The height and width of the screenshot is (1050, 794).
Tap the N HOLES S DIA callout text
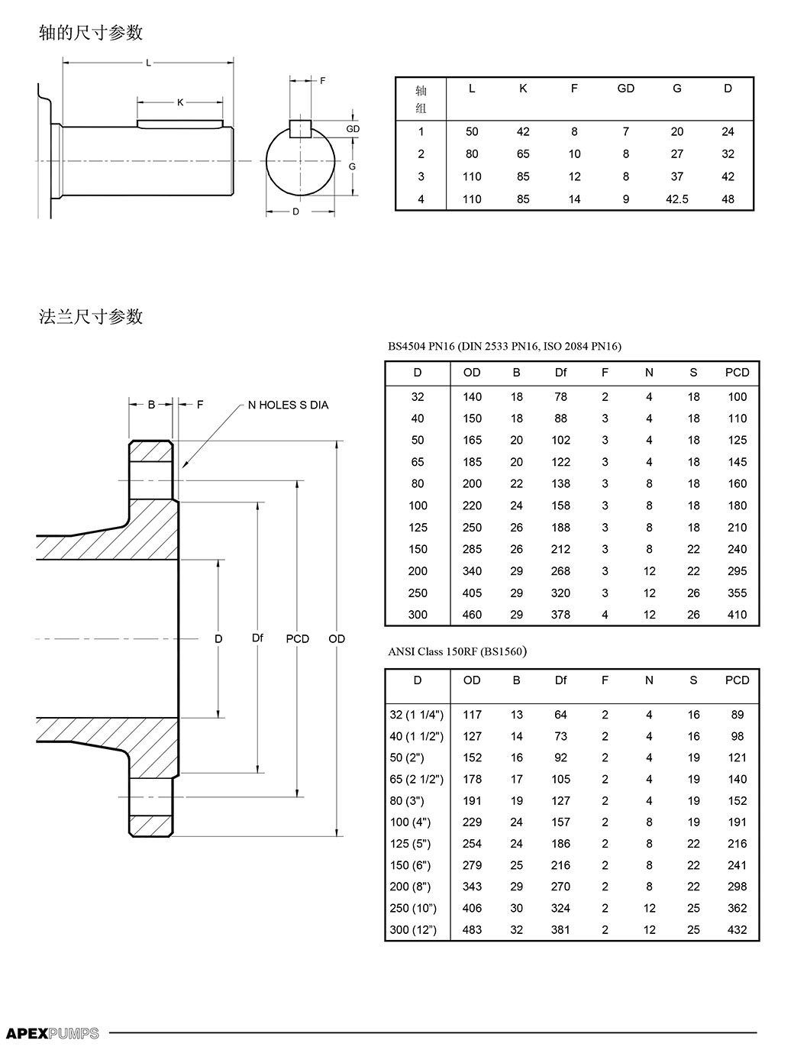pos(288,405)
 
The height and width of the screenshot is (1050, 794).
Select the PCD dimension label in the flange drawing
pos(297,638)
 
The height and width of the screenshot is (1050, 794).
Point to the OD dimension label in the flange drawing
pos(337,638)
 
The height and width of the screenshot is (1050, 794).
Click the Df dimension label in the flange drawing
pos(257,638)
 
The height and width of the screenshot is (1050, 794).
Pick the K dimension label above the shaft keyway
pos(180,102)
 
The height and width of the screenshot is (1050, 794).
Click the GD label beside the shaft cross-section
pos(353,129)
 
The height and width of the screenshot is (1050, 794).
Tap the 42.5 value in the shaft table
pos(677,199)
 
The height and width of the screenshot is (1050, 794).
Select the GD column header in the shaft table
pos(626,89)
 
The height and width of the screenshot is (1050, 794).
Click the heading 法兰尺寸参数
pos(91,317)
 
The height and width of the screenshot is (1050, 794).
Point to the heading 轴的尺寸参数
pos(91,33)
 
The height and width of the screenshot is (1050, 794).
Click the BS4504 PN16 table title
pos(505,347)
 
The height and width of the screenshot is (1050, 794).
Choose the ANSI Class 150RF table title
pos(457,651)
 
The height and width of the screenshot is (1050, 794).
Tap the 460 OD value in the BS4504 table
pos(472,615)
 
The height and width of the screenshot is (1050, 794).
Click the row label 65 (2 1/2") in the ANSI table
pos(416,779)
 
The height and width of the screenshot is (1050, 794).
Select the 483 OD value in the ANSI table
pos(472,929)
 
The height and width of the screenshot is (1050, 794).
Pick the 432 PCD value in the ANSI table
pos(737,929)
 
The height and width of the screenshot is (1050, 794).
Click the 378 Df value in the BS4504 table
pos(560,615)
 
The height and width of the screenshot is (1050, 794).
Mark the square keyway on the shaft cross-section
pos(300,129)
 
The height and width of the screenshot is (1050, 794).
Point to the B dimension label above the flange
pos(151,405)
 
